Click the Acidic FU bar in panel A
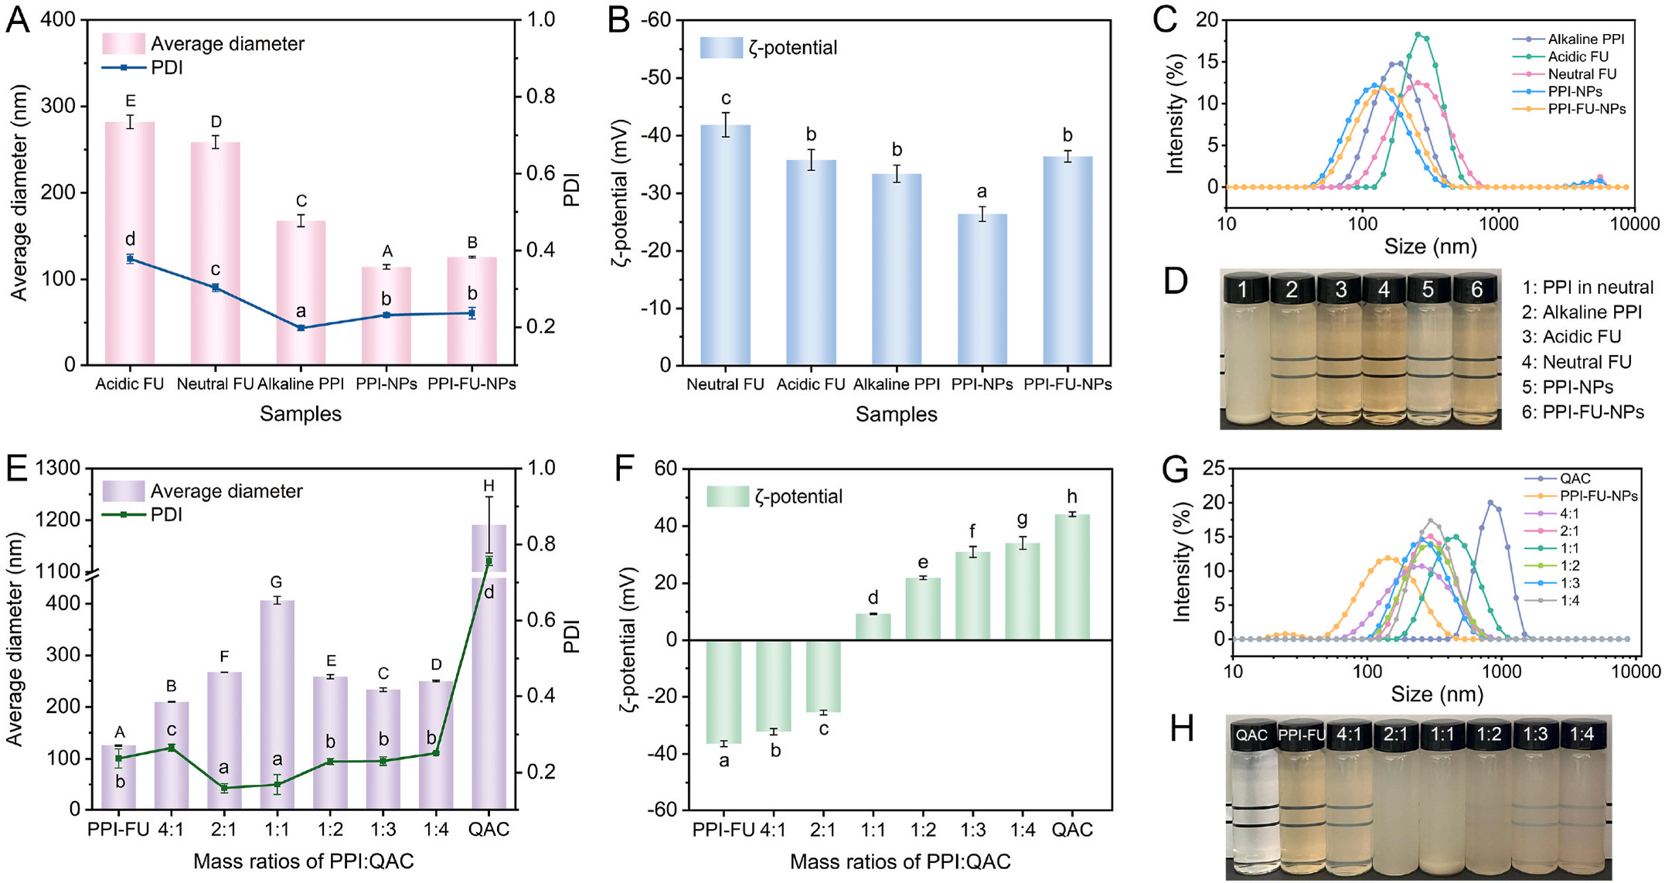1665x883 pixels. point(129,243)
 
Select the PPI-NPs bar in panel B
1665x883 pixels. point(982,289)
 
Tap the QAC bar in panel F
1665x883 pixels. point(1072,577)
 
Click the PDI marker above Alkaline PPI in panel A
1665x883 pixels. point(301,328)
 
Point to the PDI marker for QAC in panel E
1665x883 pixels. point(489,561)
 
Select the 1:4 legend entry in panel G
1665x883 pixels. point(1553,600)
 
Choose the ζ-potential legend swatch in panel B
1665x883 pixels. point(721,48)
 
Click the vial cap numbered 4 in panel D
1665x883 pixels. point(1384,288)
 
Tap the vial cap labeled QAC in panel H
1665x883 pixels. point(1251,735)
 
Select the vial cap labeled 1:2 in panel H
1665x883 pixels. point(1489,734)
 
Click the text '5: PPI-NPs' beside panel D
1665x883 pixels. point(1568,387)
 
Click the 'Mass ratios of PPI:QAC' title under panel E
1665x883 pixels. point(304,861)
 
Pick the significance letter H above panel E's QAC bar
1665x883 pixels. point(489,486)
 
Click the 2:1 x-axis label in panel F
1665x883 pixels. point(822,830)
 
